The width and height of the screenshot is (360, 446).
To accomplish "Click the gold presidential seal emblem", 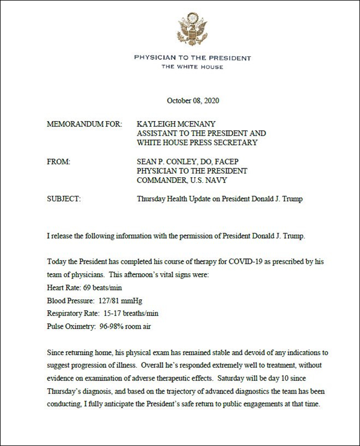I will (192, 29).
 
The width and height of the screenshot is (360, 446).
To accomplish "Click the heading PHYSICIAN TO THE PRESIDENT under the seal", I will (192, 58).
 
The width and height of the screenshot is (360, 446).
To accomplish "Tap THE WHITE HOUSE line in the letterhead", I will (192, 67).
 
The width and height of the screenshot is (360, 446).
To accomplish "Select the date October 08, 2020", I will (193, 101).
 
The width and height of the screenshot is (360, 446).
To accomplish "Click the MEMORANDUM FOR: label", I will (85, 124).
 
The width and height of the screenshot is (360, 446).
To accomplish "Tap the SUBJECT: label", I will (64, 199).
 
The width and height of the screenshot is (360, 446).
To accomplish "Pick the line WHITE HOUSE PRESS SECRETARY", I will (197, 143).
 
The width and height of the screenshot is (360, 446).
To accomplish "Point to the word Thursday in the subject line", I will (151, 199).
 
